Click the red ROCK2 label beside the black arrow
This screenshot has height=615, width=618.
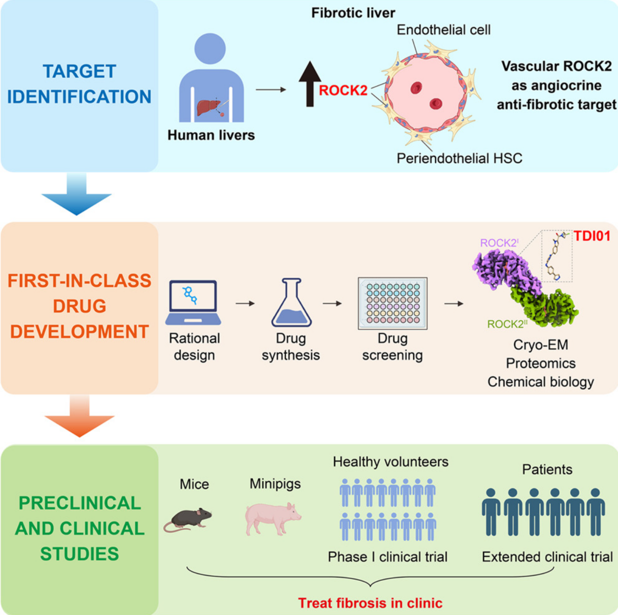343,90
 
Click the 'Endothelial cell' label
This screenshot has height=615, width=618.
443,30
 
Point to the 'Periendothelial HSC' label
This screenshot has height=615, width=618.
459,158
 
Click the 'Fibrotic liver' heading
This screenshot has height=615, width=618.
353,13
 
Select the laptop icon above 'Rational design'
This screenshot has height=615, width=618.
193,303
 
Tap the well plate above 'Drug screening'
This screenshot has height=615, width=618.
392,303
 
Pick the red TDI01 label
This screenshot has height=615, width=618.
592,236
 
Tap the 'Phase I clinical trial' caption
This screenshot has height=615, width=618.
387,557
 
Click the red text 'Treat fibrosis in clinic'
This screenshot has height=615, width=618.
370,603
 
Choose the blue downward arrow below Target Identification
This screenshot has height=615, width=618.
77,195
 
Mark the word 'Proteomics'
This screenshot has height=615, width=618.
540,363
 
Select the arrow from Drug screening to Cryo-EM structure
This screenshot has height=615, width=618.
454,304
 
